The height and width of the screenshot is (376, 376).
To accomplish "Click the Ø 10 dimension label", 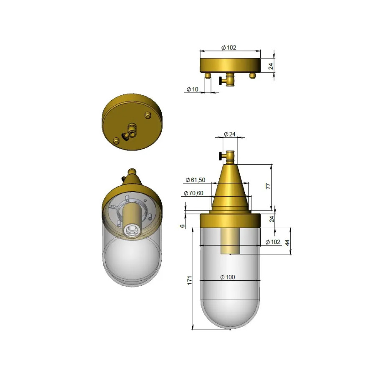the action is point(193,89).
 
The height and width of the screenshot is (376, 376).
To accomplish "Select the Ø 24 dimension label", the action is point(230,134).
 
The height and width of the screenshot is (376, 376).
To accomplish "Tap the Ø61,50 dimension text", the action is point(196,180).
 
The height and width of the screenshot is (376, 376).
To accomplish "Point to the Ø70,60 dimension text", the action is point(193,193).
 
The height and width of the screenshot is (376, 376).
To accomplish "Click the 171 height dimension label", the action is point(190,280).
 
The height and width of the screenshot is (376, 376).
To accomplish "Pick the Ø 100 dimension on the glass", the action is point(228,277).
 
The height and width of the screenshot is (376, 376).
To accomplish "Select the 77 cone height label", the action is point(268,186).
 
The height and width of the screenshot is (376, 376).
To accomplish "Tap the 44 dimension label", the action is point(287,242).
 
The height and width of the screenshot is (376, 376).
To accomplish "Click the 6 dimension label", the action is point(183,226).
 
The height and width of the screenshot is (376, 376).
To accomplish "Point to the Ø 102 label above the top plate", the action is point(229,48).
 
